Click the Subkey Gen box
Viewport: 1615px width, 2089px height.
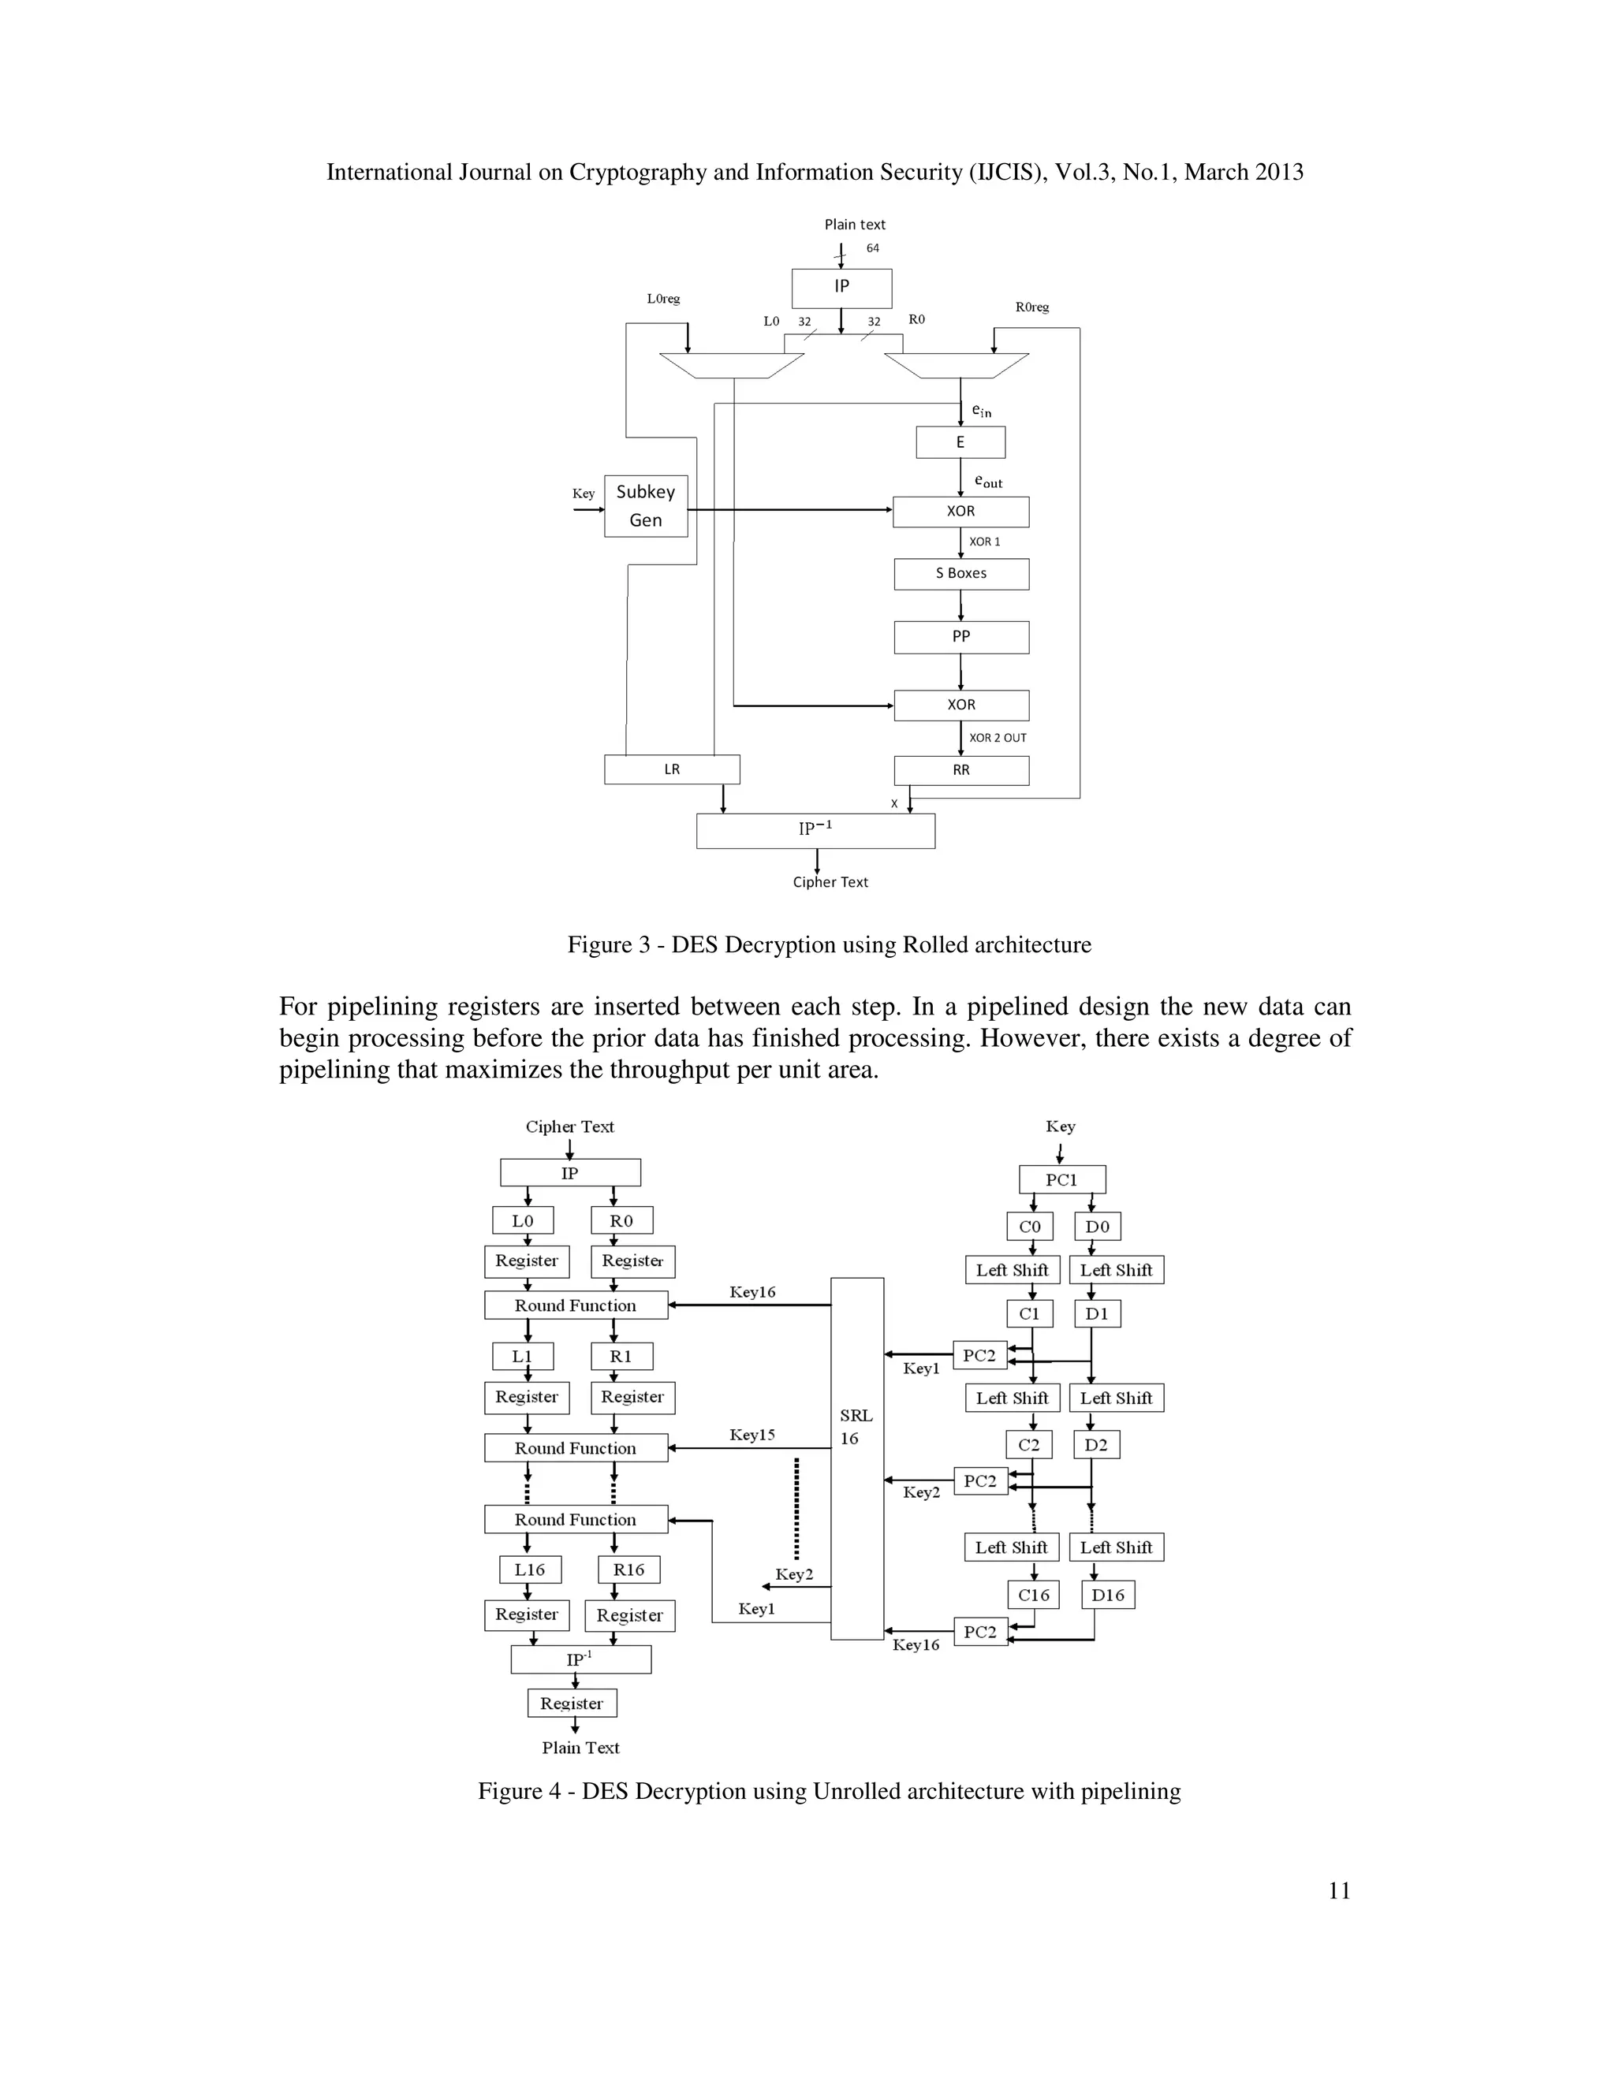[x=646, y=506]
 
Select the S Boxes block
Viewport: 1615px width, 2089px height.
[x=961, y=574]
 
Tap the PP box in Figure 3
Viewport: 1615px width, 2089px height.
[x=961, y=637]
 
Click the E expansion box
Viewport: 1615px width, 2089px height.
[x=960, y=443]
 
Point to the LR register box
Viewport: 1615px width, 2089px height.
[x=672, y=770]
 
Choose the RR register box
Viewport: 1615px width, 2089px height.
[x=961, y=771]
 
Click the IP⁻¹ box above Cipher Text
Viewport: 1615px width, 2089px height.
[x=815, y=830]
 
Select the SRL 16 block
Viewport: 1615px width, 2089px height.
[x=856, y=1458]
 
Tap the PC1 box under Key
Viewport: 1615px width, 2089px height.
[x=1062, y=1179]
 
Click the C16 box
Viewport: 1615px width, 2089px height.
[x=1033, y=1595]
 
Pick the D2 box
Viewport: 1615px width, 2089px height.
[x=1096, y=1444]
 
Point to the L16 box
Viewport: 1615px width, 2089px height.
[x=530, y=1570]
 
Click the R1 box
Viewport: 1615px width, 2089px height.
[x=621, y=1357]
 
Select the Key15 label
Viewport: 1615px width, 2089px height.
[x=752, y=1435]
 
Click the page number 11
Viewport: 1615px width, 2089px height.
[x=1340, y=1890]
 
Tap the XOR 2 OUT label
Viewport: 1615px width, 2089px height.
[x=997, y=739]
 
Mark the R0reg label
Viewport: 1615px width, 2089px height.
[x=1032, y=307]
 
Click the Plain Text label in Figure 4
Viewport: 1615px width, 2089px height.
[x=580, y=1748]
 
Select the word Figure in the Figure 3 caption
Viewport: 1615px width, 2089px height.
[x=599, y=945]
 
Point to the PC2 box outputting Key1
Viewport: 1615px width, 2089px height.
[x=979, y=1355]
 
